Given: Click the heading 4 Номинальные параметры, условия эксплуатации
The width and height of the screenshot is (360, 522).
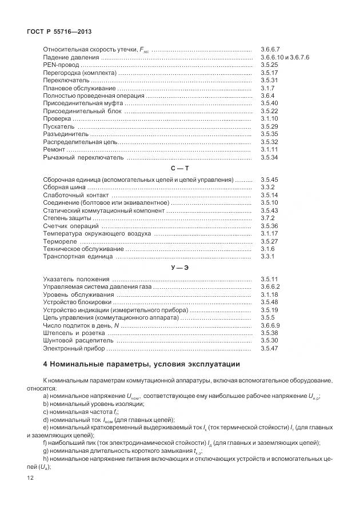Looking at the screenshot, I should (142, 364).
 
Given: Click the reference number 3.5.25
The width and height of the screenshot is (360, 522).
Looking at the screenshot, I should (269, 66).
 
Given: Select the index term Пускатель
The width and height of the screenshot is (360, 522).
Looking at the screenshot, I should (58, 126).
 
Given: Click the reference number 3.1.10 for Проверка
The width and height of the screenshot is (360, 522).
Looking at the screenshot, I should (269, 118).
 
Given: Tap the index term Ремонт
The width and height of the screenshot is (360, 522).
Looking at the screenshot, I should (55, 149).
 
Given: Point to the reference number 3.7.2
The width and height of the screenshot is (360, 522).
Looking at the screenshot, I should (267, 218).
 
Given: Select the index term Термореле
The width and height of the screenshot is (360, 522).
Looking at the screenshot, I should (59, 241).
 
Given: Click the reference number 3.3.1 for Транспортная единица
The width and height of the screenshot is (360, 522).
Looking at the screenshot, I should (267, 257).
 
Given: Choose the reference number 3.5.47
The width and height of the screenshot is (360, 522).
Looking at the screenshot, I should (269, 348).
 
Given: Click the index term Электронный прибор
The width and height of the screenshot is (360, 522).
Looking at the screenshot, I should (73, 348).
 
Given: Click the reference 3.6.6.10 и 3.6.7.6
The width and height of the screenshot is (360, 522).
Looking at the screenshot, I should (284, 58).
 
